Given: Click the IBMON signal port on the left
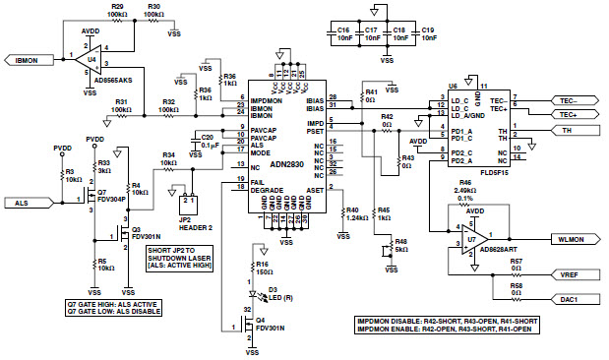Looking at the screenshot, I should point(28,60).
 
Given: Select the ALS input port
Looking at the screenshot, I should point(27,203).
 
